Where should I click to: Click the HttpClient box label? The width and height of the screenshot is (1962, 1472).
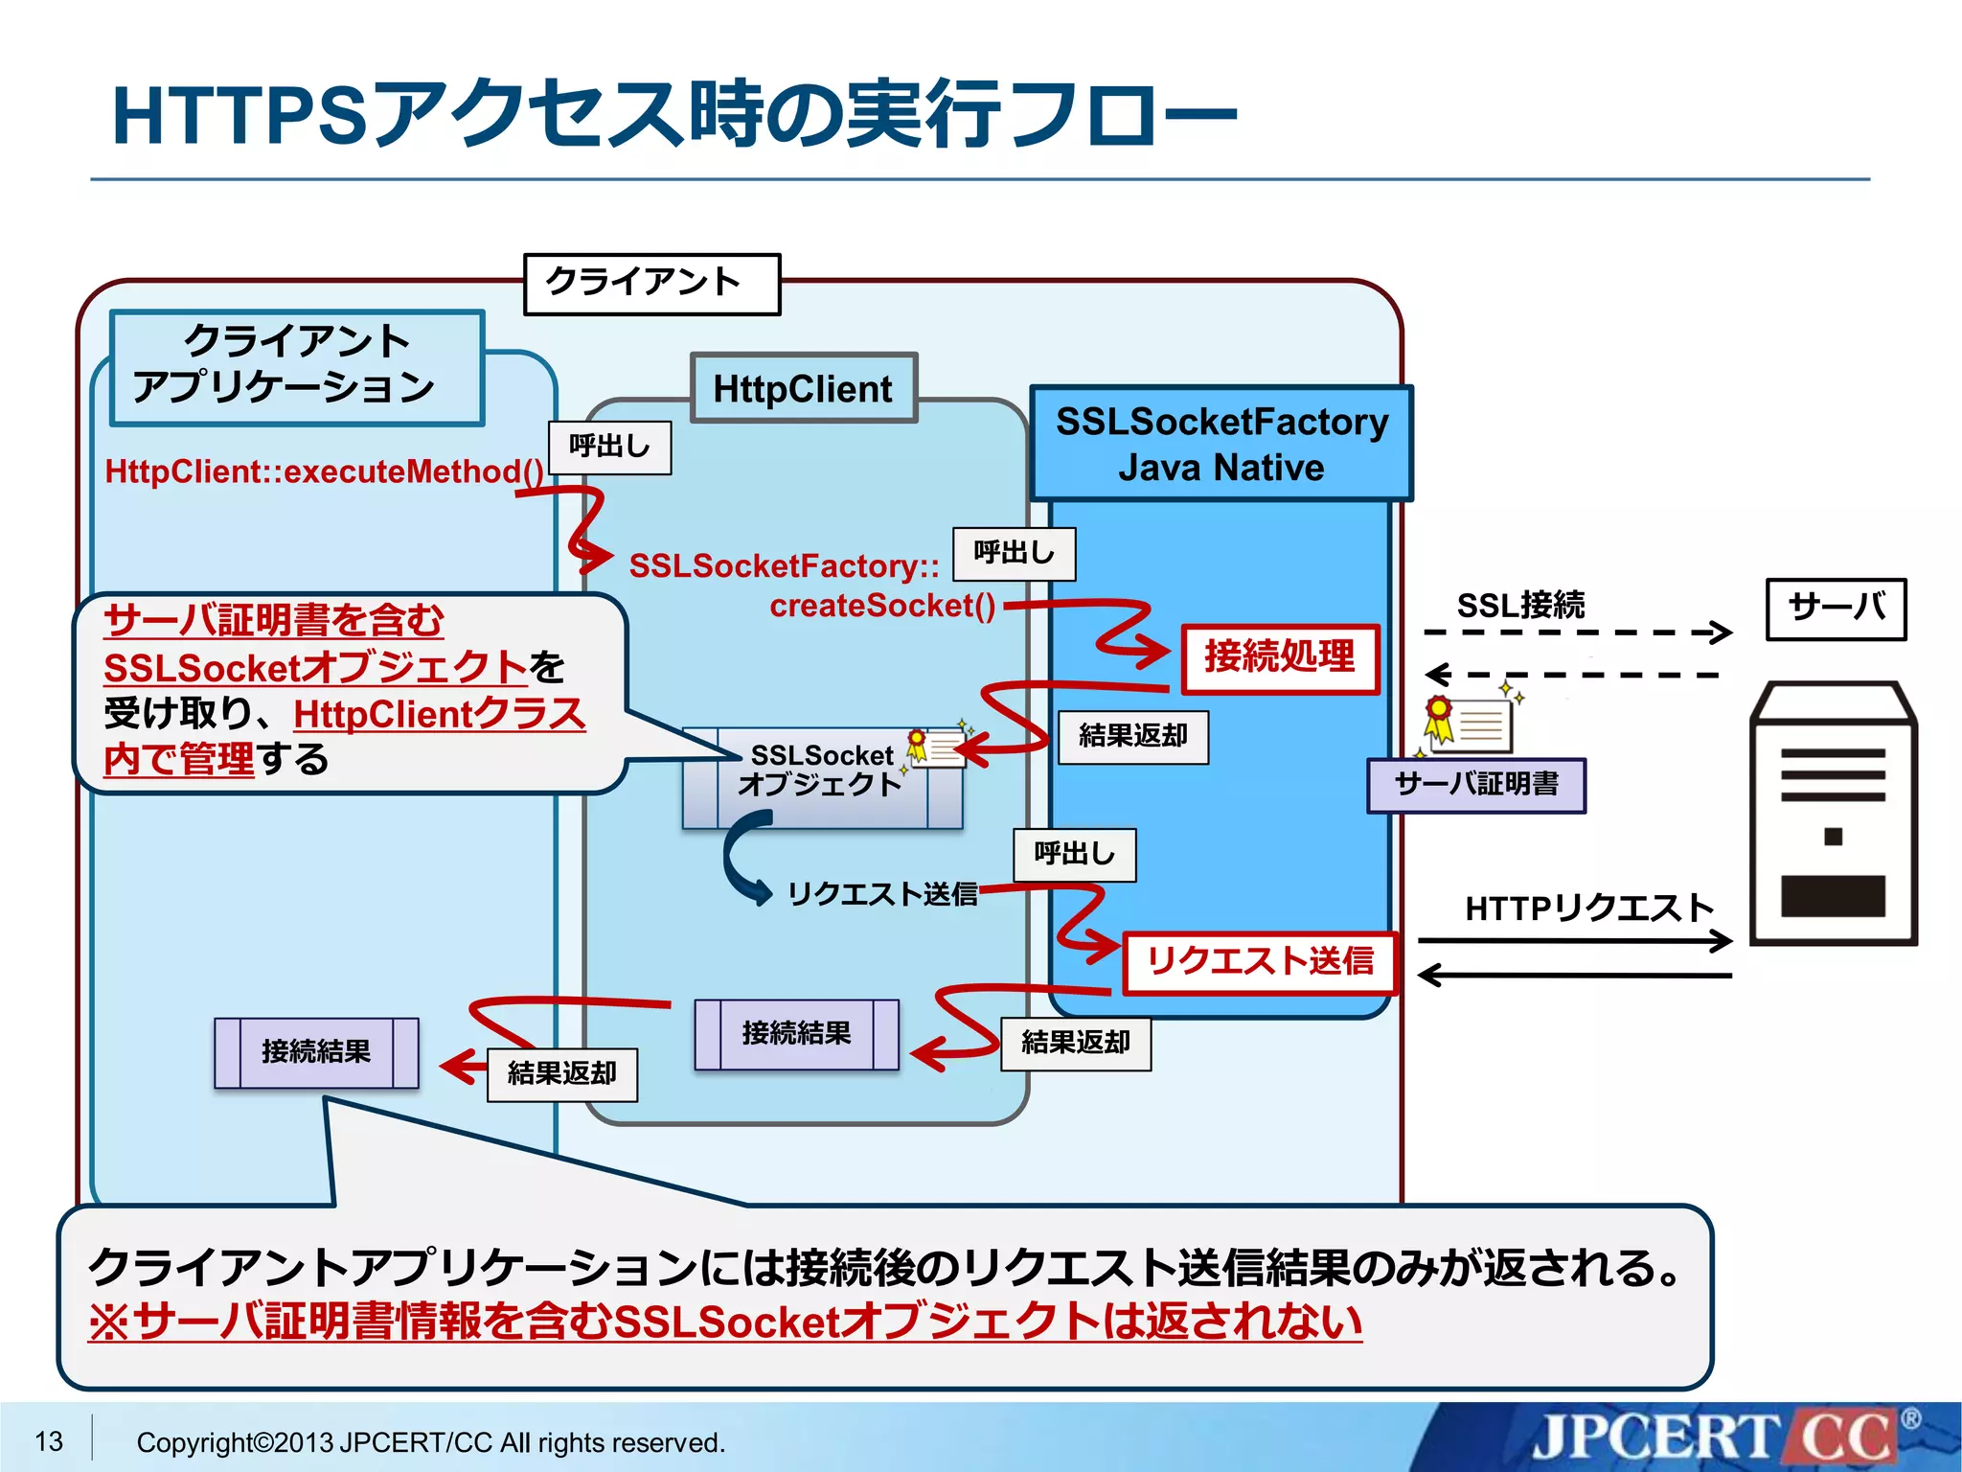click(x=803, y=389)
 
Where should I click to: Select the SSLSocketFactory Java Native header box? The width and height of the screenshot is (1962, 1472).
click(x=1221, y=444)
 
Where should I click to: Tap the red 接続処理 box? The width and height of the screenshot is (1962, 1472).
click(x=1280, y=658)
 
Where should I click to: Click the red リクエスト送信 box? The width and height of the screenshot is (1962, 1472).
click(x=1260, y=961)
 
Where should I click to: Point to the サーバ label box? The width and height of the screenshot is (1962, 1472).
click(x=1836, y=609)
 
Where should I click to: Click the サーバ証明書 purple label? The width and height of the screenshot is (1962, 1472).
click(x=1475, y=785)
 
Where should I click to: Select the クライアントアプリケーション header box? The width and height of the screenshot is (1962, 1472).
click(x=297, y=367)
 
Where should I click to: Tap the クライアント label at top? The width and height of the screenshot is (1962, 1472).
click(x=651, y=283)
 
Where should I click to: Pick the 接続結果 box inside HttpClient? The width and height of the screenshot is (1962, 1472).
click(x=796, y=1034)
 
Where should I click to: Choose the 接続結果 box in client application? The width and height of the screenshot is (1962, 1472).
click(x=316, y=1052)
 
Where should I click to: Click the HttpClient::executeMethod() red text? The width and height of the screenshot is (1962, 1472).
click(x=324, y=471)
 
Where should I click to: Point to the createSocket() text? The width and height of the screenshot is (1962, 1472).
click(x=882, y=606)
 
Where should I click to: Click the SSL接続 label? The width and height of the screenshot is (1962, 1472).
click(x=1520, y=606)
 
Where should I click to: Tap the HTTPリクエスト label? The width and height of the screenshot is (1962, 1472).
click(x=1588, y=908)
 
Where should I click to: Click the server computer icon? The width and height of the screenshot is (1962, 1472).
click(x=1832, y=815)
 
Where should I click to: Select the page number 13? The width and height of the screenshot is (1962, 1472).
click(x=49, y=1441)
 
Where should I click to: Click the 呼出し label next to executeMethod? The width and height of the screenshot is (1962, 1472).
click(x=609, y=448)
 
